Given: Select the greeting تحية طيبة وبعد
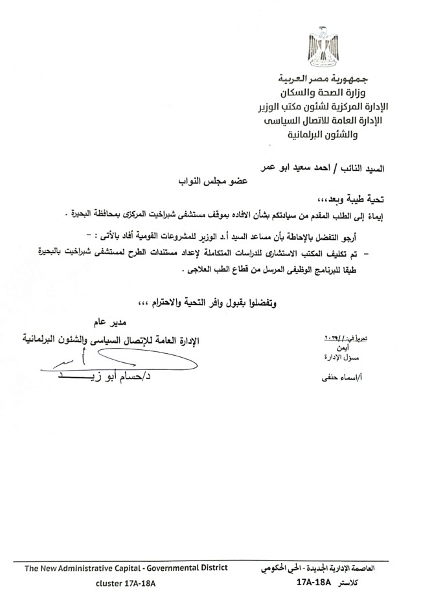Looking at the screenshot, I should tap(354, 201).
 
